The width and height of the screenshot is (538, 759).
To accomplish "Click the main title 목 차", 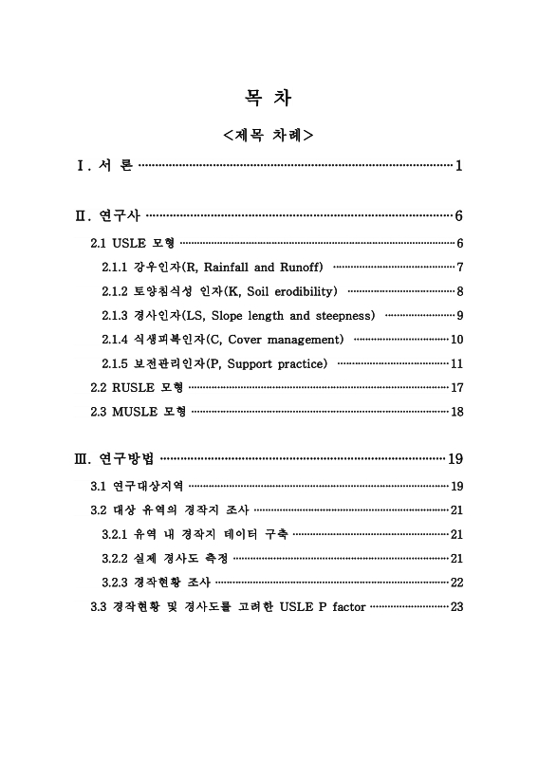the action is [269, 98].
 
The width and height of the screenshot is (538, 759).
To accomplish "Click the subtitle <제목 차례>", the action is [269, 136].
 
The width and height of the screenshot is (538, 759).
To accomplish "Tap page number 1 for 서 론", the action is [458, 167].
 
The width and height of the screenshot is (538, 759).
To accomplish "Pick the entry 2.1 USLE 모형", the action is [132, 243].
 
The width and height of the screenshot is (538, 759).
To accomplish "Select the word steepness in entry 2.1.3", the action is [343, 315].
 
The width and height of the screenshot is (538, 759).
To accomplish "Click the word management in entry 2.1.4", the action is [301, 340].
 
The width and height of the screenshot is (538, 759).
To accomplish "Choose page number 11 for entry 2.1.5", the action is [456, 363].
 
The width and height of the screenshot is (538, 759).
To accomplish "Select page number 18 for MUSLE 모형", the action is [456, 412].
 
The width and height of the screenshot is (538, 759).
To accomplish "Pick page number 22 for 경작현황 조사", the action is [456, 582].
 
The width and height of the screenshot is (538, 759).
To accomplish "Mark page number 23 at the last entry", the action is [456, 606].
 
